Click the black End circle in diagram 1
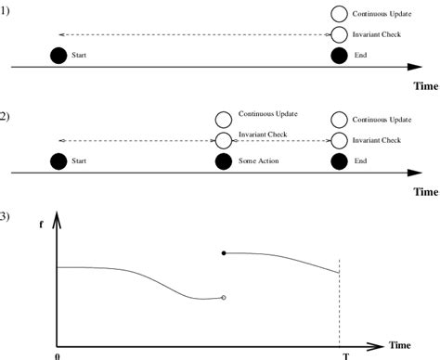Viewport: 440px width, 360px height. coord(339,56)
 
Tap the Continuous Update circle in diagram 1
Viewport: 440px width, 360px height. coord(339,15)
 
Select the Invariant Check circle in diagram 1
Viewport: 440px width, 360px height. coord(339,35)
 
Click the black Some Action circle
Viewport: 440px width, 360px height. coord(222,161)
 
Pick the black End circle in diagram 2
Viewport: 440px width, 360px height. coord(339,161)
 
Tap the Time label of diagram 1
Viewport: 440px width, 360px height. coord(425,85)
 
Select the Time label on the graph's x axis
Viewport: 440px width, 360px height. coord(400,344)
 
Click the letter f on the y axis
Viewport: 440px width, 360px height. coord(41,224)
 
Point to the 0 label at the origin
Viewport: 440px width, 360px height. coord(57,355)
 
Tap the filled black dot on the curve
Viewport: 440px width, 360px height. coord(223,252)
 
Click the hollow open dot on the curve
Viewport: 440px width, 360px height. coord(223,298)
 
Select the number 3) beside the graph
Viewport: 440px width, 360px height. coord(5,217)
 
